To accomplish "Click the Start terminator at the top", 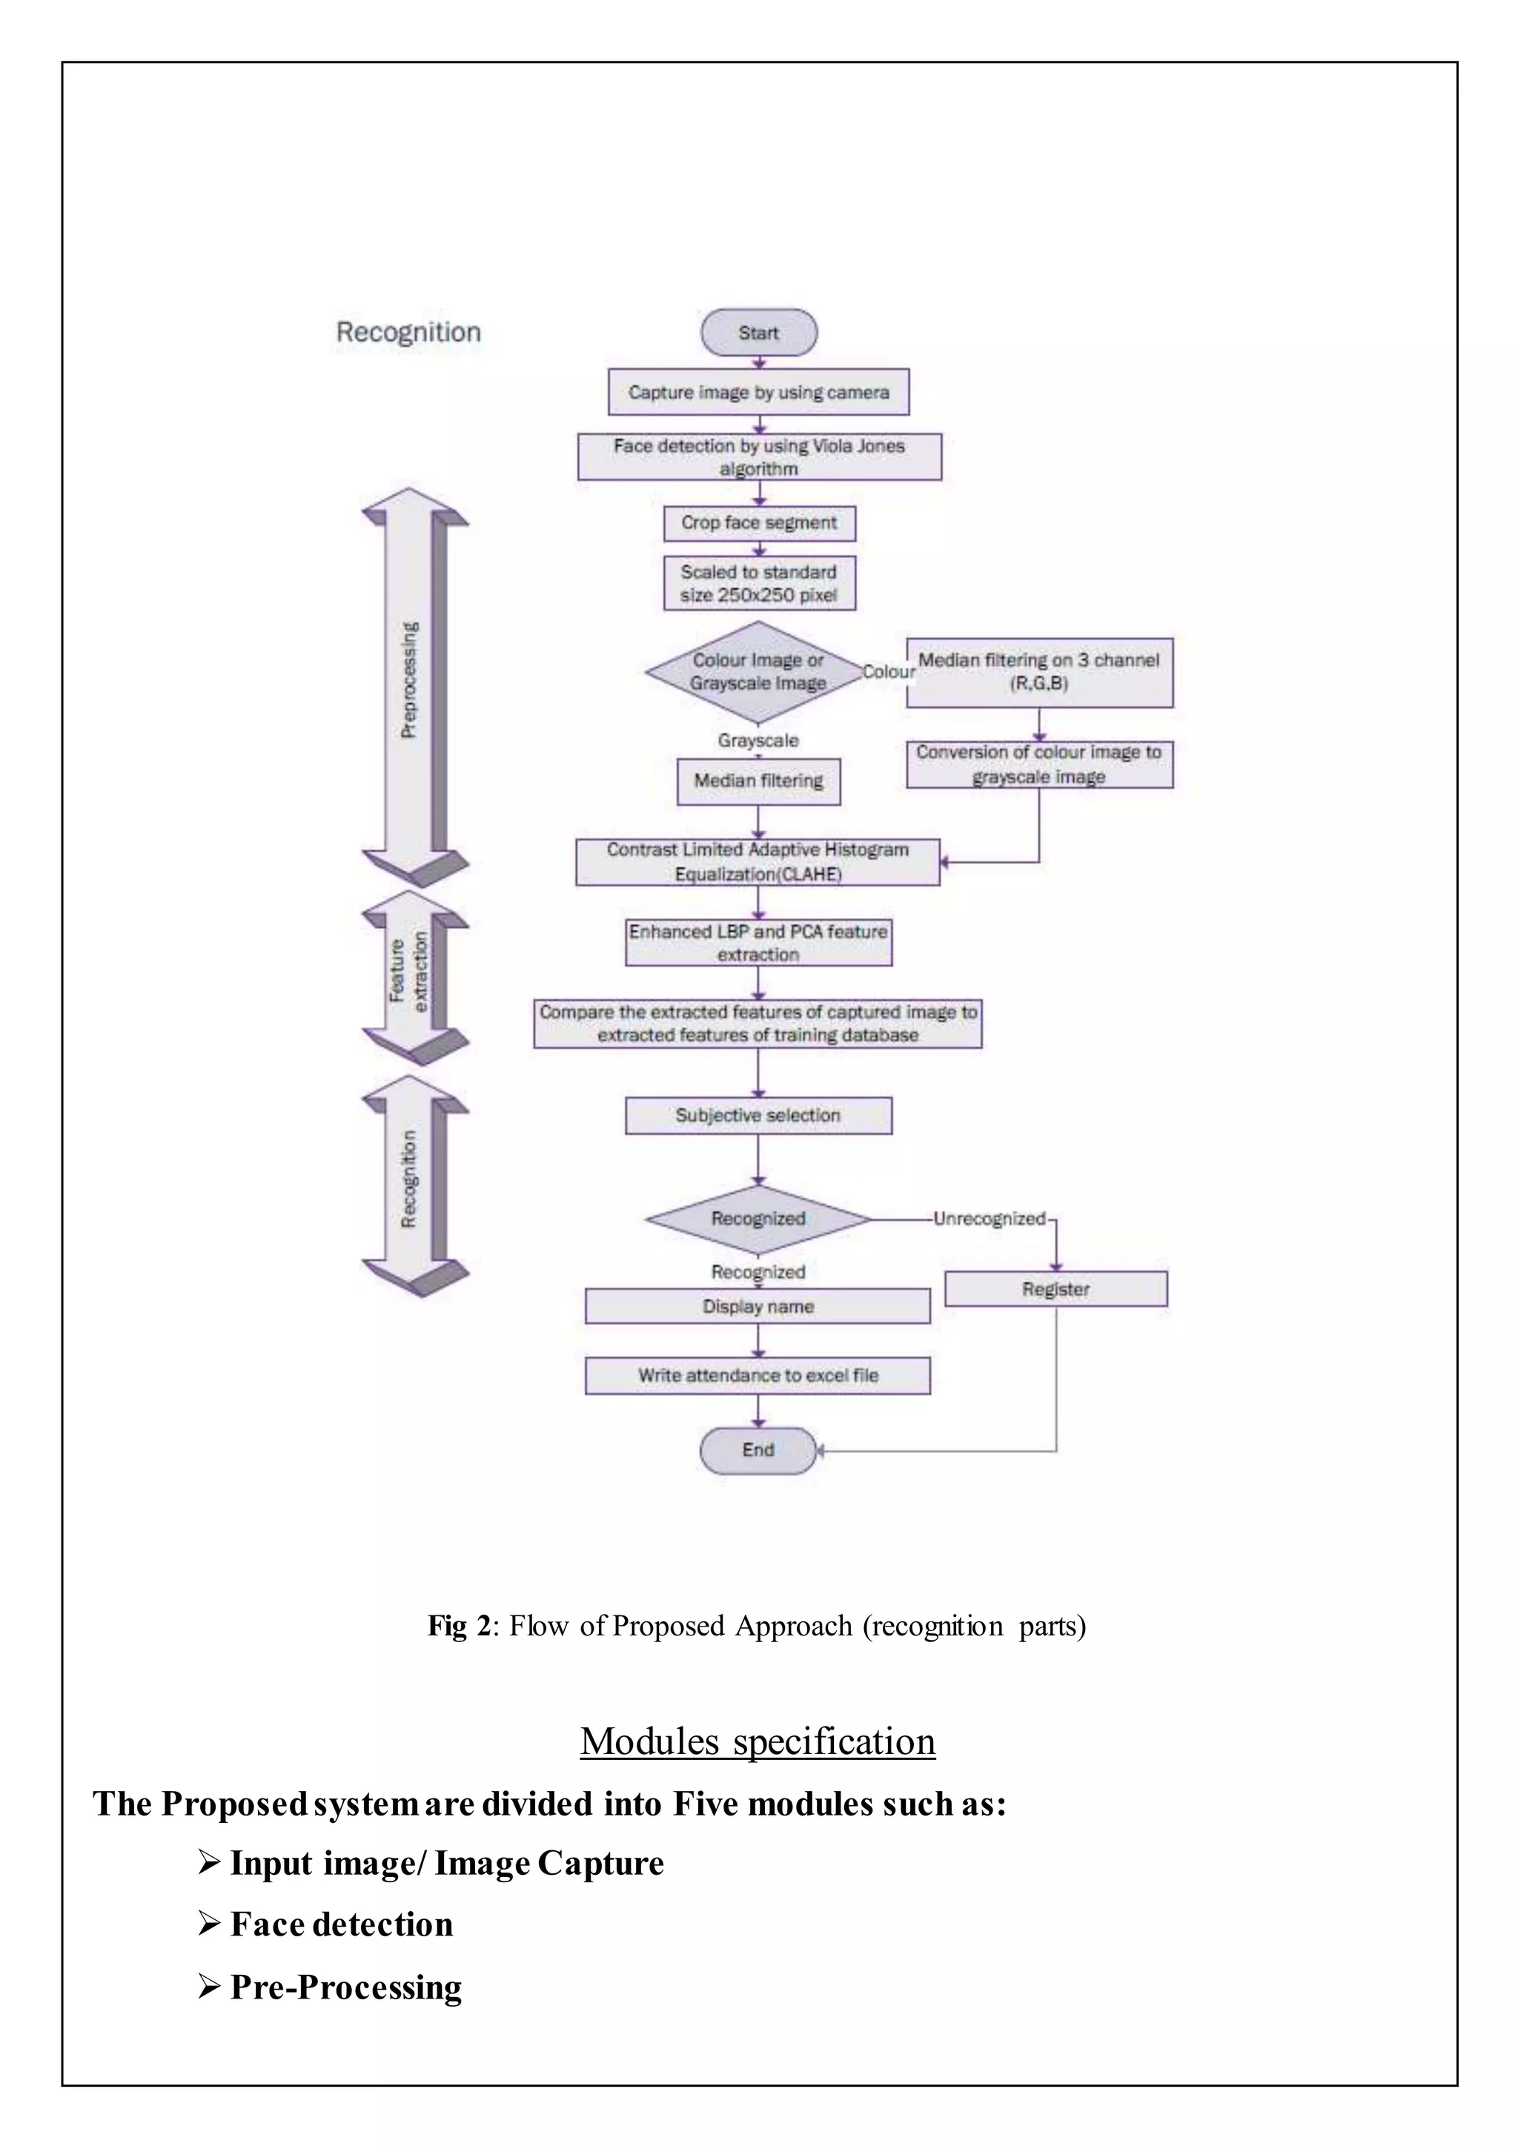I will click(758, 333).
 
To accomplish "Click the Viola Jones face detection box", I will click(759, 456).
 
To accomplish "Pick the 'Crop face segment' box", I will click(759, 522).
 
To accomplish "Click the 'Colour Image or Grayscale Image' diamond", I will click(757, 671).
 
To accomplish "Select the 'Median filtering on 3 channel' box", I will click(1038, 672).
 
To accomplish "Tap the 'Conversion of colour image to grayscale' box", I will click(1038, 764).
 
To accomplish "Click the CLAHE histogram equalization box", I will click(757, 861).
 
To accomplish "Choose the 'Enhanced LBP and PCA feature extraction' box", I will click(758, 942).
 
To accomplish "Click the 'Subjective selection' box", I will click(758, 1115).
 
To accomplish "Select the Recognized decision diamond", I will click(757, 1219).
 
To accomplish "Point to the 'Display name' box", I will click(758, 1306).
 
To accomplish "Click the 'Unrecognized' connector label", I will click(989, 1219).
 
